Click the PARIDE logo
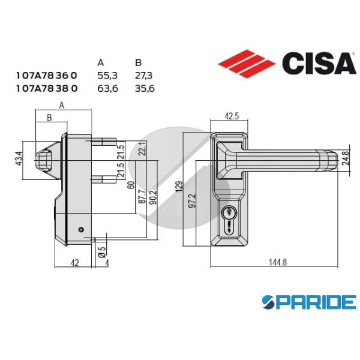coord(310,302)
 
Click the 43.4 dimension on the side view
coord(19,158)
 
